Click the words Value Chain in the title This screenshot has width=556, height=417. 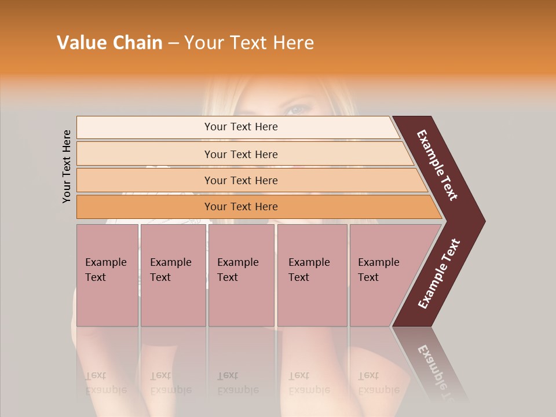tap(109, 43)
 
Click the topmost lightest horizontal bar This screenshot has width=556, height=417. tap(145, 127)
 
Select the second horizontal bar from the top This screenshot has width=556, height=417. tap(145, 154)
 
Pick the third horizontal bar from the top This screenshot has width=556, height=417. tap(145, 181)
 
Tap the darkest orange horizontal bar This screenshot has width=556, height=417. tap(145, 207)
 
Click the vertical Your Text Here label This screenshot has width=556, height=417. tap(67, 167)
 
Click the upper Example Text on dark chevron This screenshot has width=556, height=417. tap(438, 165)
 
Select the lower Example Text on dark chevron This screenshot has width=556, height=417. tap(439, 274)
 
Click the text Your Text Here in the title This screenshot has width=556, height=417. tap(249, 43)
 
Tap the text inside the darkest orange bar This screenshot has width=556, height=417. tap(241, 207)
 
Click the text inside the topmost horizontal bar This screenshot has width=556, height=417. tap(241, 127)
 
